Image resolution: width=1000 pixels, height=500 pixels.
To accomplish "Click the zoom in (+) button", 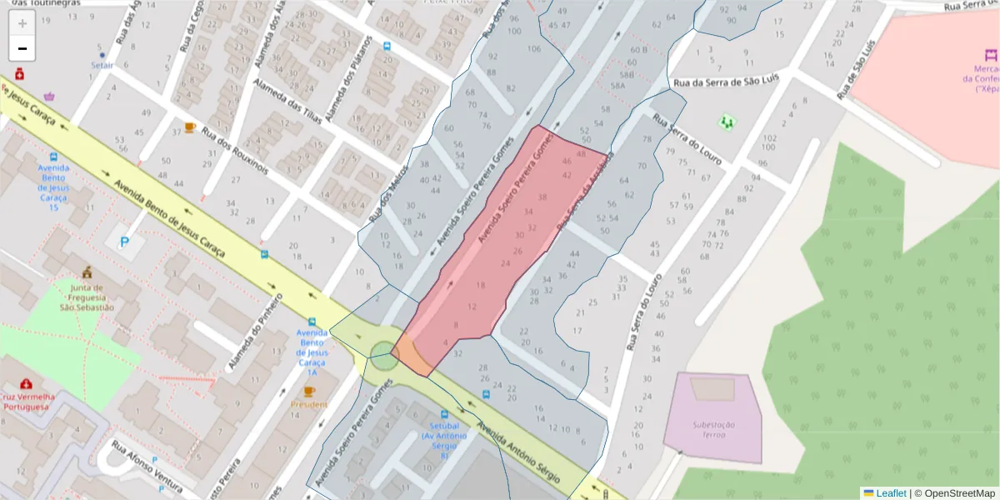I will [22, 23].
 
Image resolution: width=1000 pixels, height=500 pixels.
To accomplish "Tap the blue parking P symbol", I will [125, 242].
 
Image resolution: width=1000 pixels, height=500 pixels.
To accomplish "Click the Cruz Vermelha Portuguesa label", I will [27, 402].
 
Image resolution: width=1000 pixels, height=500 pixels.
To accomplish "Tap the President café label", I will [309, 404].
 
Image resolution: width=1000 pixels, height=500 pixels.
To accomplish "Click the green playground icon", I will [727, 122].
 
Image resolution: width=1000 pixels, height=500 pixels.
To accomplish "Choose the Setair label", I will [102, 64].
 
